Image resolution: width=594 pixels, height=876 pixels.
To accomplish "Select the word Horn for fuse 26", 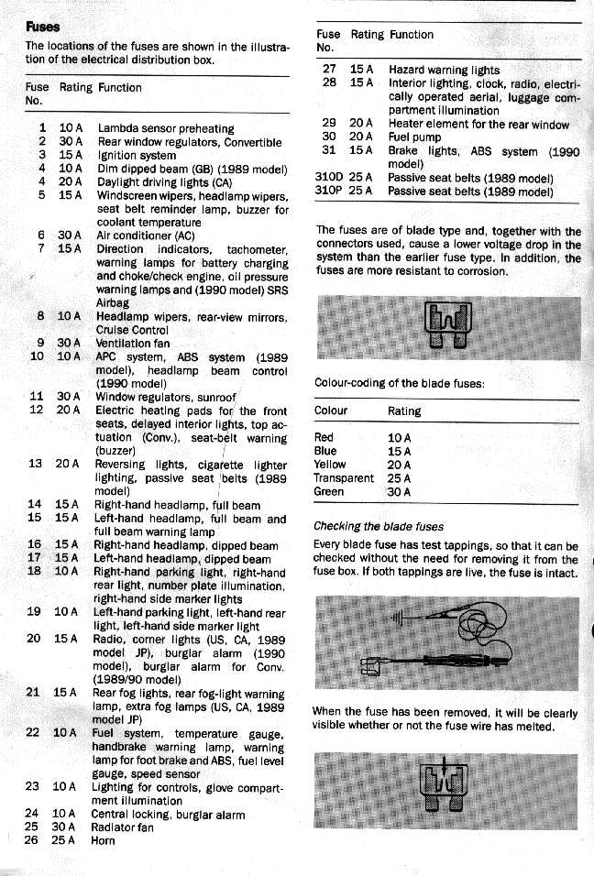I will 104,841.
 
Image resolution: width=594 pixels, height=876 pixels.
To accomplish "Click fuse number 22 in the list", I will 33,732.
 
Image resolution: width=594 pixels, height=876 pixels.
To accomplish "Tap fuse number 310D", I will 329,178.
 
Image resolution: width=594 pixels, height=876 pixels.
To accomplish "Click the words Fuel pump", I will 415,137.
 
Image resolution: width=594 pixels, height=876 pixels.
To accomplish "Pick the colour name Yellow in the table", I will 330,465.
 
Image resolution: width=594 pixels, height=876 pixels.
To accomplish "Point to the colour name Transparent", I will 344,478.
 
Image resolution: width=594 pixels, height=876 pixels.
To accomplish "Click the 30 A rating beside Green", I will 400,492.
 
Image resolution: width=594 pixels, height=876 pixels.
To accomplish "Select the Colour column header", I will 332,411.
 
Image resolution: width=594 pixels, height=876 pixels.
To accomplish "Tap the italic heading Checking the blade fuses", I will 379,527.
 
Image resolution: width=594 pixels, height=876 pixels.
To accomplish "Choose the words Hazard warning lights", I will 444,70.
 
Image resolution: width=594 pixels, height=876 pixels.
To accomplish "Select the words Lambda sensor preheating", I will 165,128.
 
